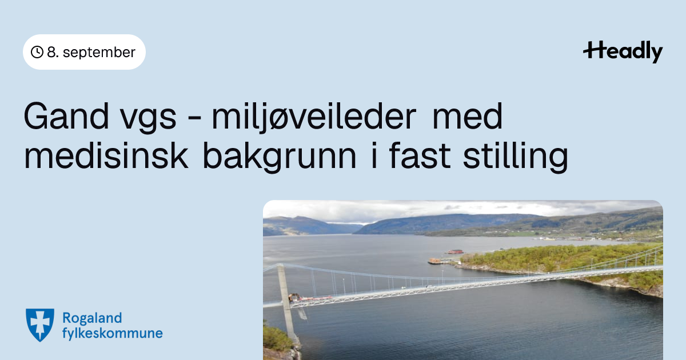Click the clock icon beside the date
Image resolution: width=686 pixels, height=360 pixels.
click(x=37, y=52)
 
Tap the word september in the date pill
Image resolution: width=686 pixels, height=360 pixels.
click(x=99, y=53)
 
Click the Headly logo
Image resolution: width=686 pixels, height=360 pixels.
click(x=623, y=52)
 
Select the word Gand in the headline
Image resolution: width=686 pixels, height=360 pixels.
click(x=66, y=117)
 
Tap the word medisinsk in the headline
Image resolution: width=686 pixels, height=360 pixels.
click(x=106, y=156)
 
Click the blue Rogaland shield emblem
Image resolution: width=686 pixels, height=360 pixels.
click(x=40, y=325)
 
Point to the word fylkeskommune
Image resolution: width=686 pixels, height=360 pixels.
click(x=113, y=333)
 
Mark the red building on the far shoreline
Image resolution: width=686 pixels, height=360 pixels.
click(x=455, y=252)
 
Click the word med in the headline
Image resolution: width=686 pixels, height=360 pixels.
click(x=468, y=117)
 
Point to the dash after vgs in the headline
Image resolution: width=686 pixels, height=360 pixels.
click(x=194, y=118)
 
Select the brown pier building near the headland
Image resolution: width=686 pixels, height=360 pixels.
click(x=434, y=261)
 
